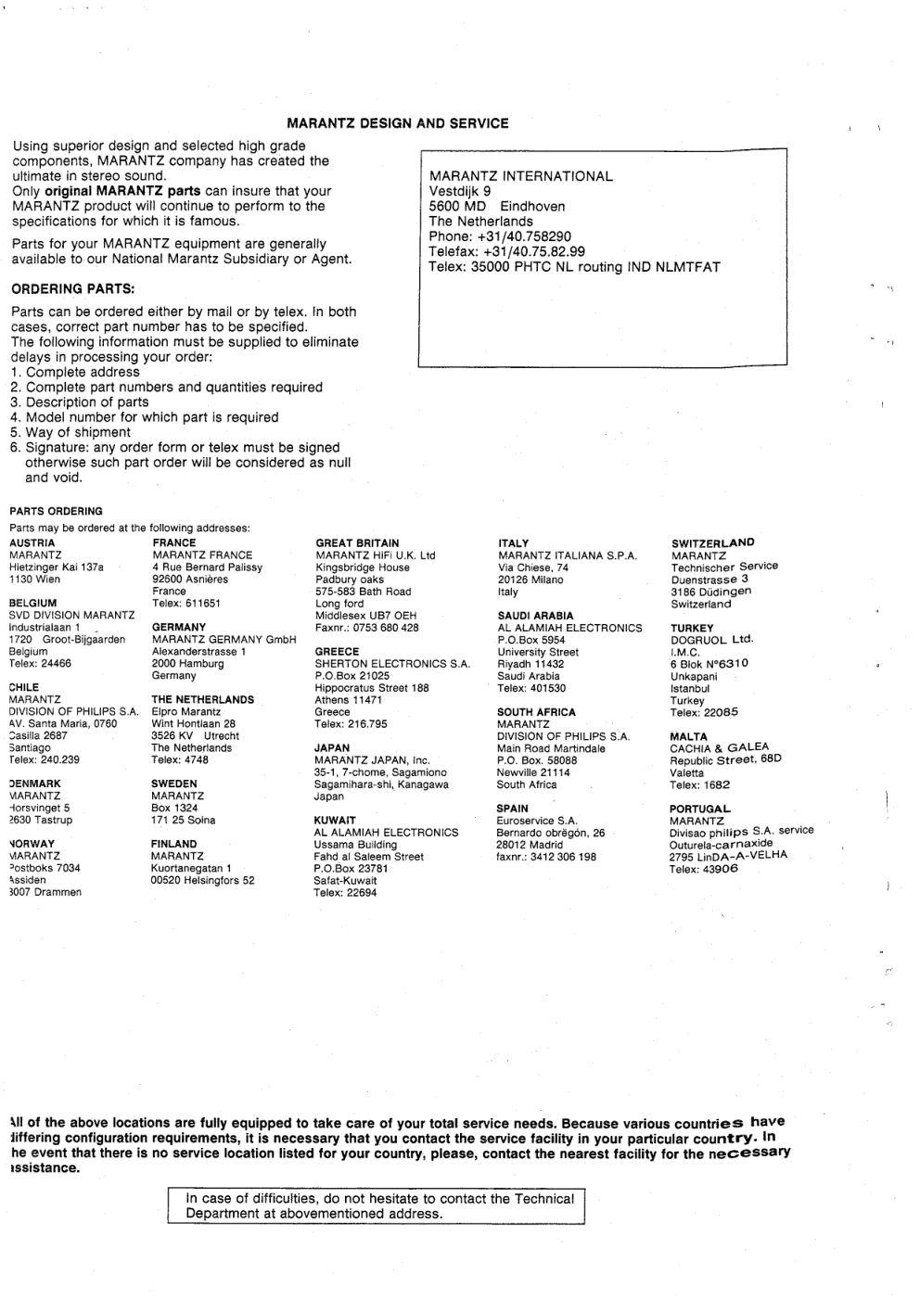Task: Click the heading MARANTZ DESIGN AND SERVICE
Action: point(397,123)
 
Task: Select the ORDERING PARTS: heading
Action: point(73,288)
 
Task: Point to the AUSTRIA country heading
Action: point(32,543)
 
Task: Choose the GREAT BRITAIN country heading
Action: point(357,543)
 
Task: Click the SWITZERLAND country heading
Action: point(712,543)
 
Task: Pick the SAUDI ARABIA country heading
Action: point(535,616)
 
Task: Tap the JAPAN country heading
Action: point(332,748)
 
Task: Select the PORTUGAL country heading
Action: point(700,809)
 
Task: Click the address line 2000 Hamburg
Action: point(187,664)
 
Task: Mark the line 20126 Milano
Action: point(530,580)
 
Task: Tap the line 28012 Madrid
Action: point(529,845)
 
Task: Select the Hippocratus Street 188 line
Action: point(371,688)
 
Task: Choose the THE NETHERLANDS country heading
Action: point(202,700)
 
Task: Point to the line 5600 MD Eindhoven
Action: point(496,207)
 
